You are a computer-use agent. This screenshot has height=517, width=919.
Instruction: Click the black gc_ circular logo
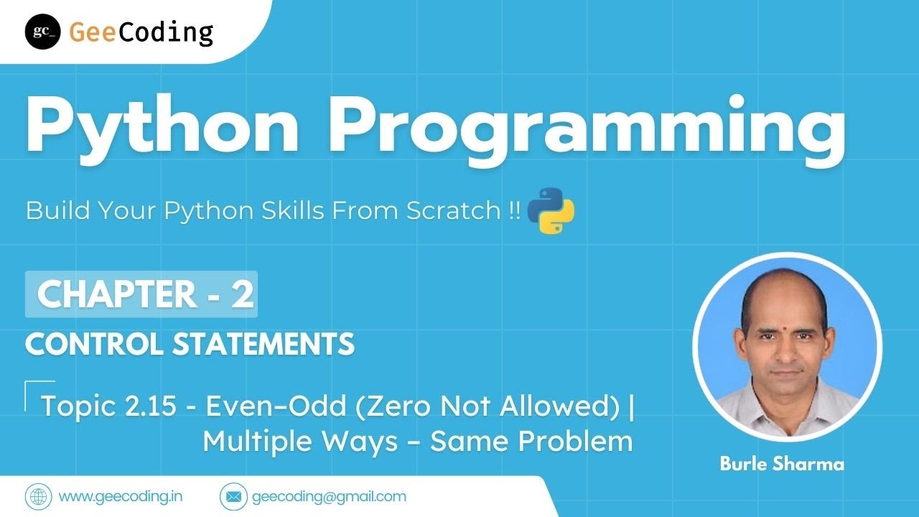tap(42, 32)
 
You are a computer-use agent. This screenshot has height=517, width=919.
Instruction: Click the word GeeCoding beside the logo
tap(141, 32)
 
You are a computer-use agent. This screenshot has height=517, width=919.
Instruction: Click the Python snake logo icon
tap(551, 210)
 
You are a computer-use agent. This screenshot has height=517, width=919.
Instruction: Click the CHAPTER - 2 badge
tap(141, 294)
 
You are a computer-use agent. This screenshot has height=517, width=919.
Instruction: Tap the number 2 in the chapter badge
tap(242, 294)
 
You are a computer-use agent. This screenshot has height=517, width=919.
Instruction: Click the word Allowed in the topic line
tap(565, 406)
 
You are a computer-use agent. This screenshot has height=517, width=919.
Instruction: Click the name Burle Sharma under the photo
tap(782, 464)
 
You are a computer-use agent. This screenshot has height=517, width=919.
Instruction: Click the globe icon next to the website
tap(37, 496)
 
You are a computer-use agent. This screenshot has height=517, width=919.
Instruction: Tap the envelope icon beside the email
tap(232, 496)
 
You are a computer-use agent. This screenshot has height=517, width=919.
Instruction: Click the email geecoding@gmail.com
tap(329, 496)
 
